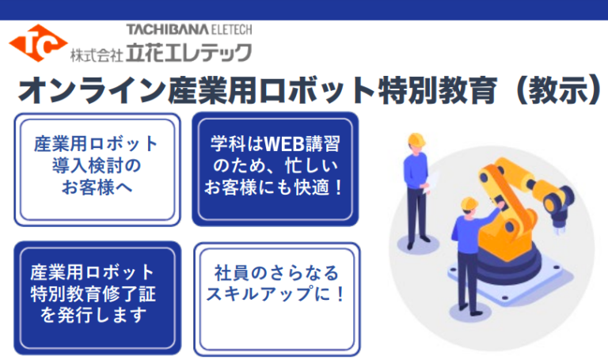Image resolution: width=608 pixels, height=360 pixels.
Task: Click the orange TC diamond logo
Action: (38, 44)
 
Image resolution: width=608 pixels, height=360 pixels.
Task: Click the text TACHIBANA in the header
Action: (162, 29)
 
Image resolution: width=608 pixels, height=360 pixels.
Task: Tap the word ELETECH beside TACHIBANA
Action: (226, 29)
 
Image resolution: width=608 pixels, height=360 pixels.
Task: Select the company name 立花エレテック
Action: (189, 53)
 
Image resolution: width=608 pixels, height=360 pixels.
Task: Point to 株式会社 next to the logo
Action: (97, 55)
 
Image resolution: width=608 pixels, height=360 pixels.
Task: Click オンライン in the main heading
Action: (92, 90)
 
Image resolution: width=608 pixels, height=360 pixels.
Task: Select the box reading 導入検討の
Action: (97, 169)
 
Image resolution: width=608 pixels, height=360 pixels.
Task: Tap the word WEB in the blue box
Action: (284, 144)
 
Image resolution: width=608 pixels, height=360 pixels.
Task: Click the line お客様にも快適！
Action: (275, 188)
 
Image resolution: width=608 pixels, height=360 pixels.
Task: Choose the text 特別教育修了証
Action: (93, 294)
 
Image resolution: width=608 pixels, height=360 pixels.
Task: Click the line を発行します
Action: (93, 316)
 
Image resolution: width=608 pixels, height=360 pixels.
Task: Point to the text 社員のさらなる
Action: (276, 273)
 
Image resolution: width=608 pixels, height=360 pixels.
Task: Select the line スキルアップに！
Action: (276, 294)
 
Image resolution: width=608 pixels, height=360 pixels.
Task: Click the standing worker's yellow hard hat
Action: (416, 140)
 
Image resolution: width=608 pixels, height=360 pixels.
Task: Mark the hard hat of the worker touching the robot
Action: (469, 203)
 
